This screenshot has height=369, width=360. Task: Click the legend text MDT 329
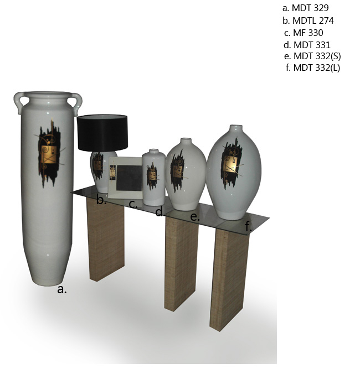[310, 8]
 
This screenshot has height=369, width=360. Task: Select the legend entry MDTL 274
[313, 20]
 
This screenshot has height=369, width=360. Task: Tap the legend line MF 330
[308, 33]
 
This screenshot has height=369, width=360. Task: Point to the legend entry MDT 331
[312, 45]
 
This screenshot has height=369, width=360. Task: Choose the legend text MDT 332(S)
[317, 56]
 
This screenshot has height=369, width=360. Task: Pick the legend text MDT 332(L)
[317, 68]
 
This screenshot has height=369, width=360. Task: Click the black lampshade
[102, 133]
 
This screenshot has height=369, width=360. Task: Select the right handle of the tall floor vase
[76, 103]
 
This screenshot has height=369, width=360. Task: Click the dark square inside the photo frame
[129, 178]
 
